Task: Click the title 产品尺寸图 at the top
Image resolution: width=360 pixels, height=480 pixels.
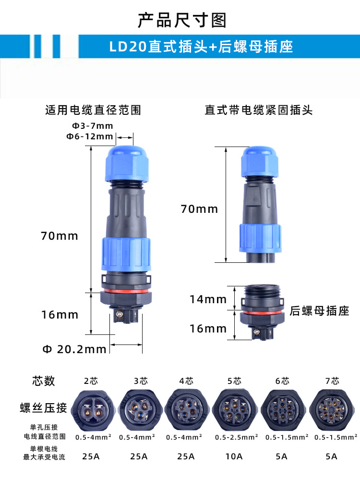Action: pyautogui.click(x=182, y=20)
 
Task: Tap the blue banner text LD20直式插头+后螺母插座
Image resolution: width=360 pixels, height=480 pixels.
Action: pyautogui.click(x=201, y=47)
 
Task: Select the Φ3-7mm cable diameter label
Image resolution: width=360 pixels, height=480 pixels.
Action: pyautogui.click(x=92, y=126)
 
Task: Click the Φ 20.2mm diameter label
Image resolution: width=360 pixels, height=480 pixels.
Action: pyautogui.click(x=74, y=349)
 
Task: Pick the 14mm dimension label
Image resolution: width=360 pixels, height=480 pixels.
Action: pyautogui.click(x=208, y=299)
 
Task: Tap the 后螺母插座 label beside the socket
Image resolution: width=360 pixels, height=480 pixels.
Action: pyautogui.click(x=319, y=311)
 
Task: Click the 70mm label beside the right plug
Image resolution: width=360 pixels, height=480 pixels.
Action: pyautogui.click(x=199, y=209)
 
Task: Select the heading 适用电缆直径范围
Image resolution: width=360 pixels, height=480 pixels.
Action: pyautogui.click(x=93, y=110)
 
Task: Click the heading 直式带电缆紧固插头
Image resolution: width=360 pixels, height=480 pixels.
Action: pyautogui.click(x=259, y=110)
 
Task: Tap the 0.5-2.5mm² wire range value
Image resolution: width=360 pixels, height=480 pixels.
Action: pyautogui.click(x=236, y=437)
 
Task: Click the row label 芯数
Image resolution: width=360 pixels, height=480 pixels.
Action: pyautogui.click(x=44, y=381)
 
